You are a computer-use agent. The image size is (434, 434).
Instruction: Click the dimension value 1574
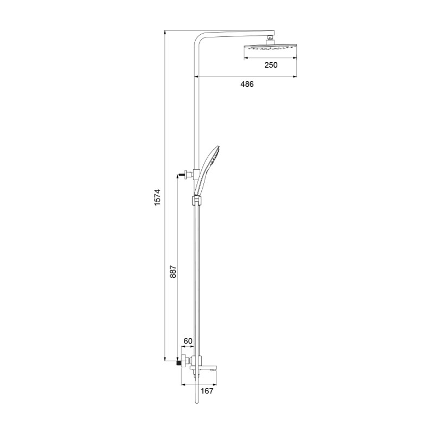[157, 198]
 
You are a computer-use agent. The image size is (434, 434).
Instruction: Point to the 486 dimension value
[246, 84]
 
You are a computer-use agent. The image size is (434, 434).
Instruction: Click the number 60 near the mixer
[188, 341]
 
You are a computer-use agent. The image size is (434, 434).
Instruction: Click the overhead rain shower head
[270, 48]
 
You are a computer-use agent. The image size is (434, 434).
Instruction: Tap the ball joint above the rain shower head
[270, 39]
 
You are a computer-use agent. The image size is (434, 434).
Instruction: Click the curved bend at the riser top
[199, 39]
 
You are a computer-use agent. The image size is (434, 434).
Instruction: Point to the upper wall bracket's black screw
[180, 174]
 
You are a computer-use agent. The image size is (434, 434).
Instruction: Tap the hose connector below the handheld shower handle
[196, 191]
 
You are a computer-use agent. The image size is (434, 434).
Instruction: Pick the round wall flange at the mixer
[184, 359]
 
